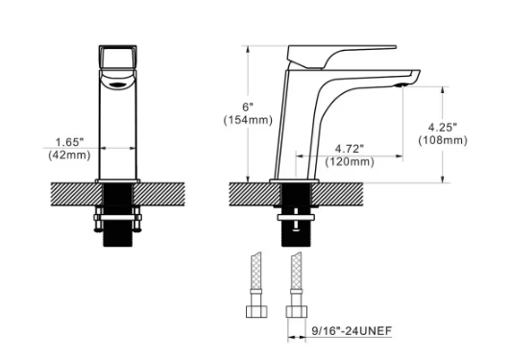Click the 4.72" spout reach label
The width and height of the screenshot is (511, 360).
pyautogui.click(x=350, y=148)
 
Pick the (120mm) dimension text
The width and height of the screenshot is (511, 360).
pyautogui.click(x=350, y=162)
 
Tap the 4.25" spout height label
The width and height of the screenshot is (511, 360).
pyautogui.click(x=443, y=127)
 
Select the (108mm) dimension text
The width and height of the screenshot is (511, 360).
pyautogui.click(x=443, y=140)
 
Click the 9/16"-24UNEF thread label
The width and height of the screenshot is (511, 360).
pyautogui.click(x=352, y=332)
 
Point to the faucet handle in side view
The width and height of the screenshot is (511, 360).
pyautogui.click(x=346, y=54)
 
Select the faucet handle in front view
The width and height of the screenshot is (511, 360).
pyautogui.click(x=119, y=60)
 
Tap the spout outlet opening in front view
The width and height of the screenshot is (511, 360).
pyautogui.click(x=119, y=84)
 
